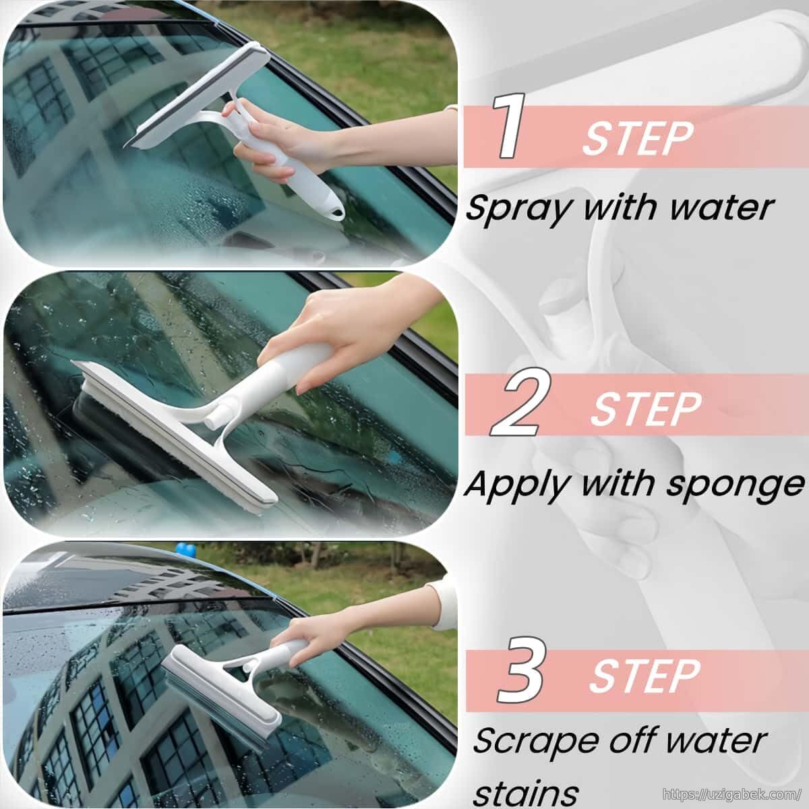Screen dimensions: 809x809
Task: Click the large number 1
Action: [509, 126]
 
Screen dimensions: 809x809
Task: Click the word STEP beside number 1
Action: [637, 139]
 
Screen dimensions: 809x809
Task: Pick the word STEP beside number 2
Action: [646, 408]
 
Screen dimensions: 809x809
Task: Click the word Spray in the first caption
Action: [520, 209]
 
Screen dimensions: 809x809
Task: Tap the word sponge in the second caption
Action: [736, 485]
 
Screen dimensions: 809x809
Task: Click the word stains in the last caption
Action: [528, 791]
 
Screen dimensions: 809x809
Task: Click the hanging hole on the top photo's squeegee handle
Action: [335, 212]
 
